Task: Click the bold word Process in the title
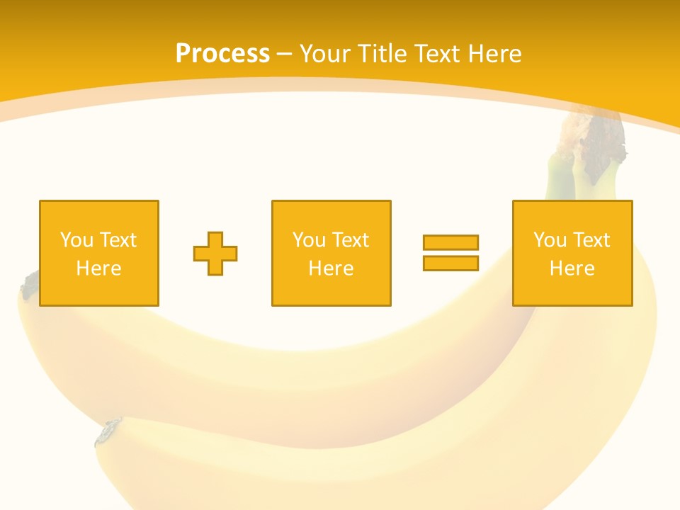pos(222,54)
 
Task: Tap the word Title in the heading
pos(384,54)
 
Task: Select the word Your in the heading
pos(326,54)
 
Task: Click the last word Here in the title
pos(494,54)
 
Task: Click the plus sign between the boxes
pos(215,254)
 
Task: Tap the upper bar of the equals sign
pos(450,242)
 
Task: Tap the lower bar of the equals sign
pos(450,263)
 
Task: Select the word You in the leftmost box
pos(76,240)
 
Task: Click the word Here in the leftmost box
pos(98,268)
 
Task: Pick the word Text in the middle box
pos(350,240)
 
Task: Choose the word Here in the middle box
pos(331,268)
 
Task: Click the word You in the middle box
pos(308,240)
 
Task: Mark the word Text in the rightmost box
pos(591,240)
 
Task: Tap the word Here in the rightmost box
pos(572,268)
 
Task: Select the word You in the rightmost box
pos(549,240)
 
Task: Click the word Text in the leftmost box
pos(118,240)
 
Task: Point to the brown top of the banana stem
pos(594,139)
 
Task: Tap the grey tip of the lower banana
pos(108,431)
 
